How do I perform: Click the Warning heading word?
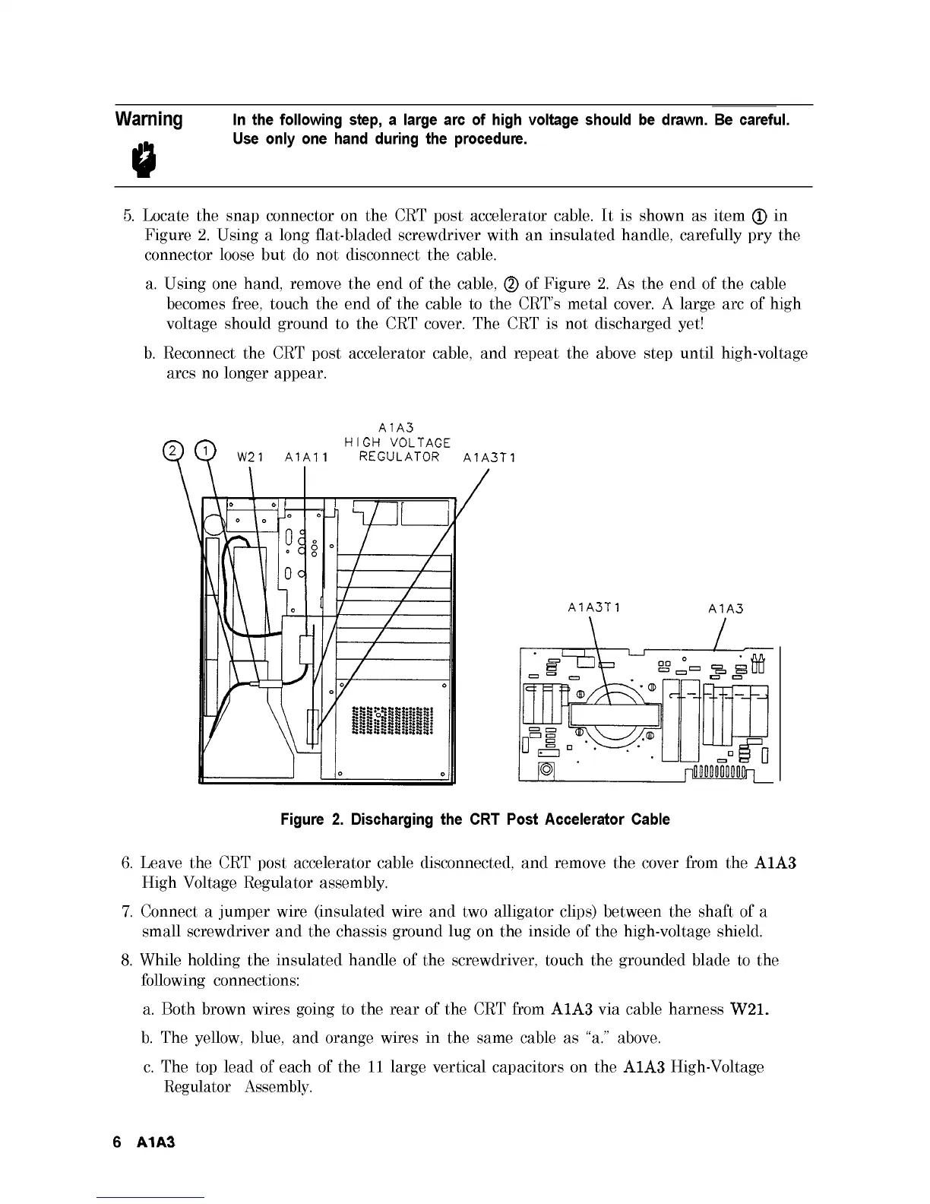point(148,120)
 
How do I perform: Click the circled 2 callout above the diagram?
point(174,451)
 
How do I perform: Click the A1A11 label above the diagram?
point(305,458)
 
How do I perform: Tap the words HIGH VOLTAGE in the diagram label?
point(397,442)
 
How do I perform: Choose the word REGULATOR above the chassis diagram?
point(400,457)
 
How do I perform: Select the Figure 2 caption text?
point(475,819)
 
